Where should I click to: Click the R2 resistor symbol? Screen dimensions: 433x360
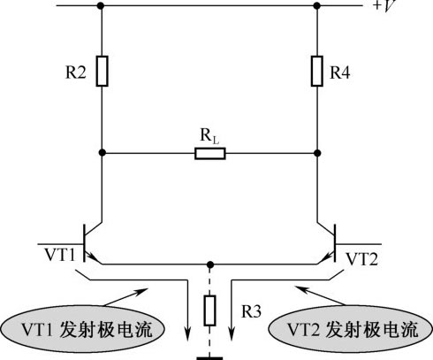pos(102,71)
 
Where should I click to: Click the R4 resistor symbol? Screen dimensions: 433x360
pos(317,71)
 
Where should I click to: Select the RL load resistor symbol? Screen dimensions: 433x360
pos(210,154)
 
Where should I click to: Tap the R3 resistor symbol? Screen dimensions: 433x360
pos(209,310)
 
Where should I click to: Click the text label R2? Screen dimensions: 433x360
pos(76,73)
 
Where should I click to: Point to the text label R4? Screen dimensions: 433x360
pos(340,73)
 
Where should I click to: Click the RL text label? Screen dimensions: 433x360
pos(209,136)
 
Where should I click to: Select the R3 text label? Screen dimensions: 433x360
pos(251,311)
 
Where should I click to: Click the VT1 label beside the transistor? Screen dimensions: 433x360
pos(60,255)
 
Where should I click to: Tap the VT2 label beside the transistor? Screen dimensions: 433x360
pos(362,259)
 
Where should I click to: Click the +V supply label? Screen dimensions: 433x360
pos(384,5)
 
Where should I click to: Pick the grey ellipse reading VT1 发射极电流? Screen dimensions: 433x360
pos(82,329)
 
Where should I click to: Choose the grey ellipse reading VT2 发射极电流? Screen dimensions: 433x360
pos(351,329)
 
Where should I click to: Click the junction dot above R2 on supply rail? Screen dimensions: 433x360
pos(101,5)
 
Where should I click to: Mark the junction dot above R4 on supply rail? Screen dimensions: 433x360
pos(317,5)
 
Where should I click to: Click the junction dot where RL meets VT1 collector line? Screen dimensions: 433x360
pos(102,153)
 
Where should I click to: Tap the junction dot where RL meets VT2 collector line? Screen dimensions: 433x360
pos(317,153)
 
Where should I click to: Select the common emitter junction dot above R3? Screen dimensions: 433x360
pos(209,264)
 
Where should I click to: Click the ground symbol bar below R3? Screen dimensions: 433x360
pos(209,358)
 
